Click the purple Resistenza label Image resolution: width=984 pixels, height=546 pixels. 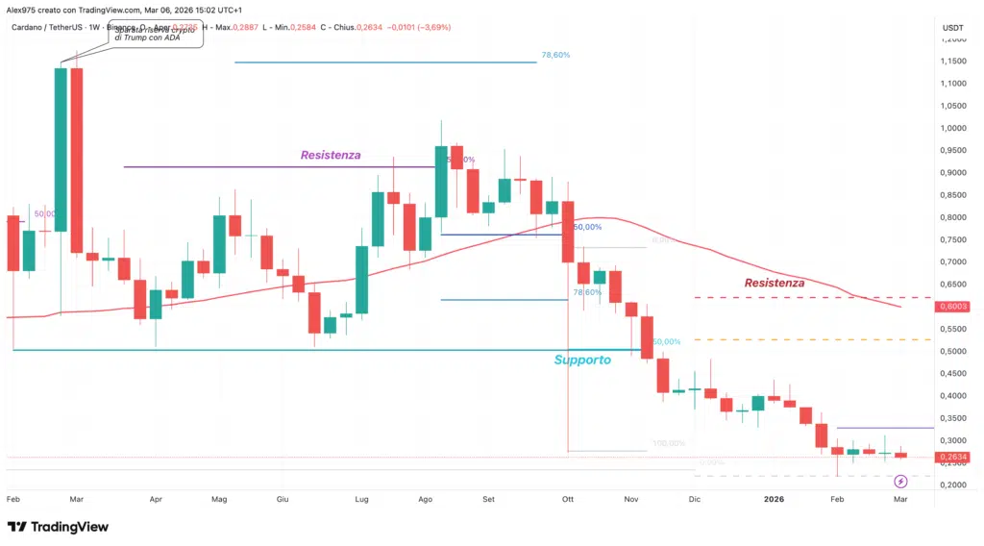pyautogui.click(x=331, y=154)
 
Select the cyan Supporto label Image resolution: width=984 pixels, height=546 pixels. pyautogui.click(x=581, y=360)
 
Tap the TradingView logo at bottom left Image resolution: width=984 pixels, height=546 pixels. pyautogui.click(x=58, y=526)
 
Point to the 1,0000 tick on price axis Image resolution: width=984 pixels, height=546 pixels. pyautogui.click(x=952, y=128)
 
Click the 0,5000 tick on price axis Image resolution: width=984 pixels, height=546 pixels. pyautogui.click(x=952, y=351)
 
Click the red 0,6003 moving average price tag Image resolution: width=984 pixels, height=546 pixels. pyautogui.click(x=953, y=307)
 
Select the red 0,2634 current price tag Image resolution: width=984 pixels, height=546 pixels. pyautogui.click(x=953, y=457)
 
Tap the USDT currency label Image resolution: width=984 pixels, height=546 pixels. pyautogui.click(x=953, y=28)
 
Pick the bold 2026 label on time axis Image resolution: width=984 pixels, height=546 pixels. pyautogui.click(x=775, y=500)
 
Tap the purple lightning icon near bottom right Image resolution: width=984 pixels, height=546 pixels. pyautogui.click(x=900, y=481)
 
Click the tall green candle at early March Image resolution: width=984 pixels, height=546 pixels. pyautogui.click(x=61, y=149)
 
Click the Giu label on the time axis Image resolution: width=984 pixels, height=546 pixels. pyautogui.click(x=283, y=500)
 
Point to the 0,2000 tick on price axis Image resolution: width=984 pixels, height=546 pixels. pyautogui.click(x=952, y=485)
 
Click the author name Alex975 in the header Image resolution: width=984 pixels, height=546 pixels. pyautogui.click(x=23, y=9)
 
